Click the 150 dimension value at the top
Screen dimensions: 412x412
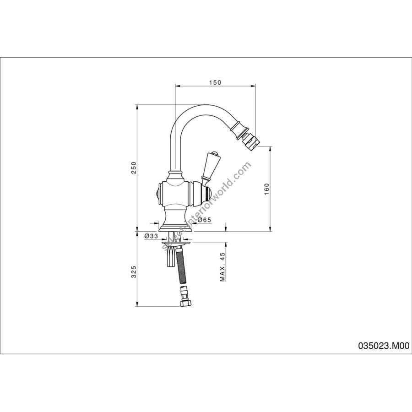click(x=215, y=82)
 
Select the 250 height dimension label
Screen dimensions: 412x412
click(x=134, y=168)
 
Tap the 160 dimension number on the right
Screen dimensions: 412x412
click(x=267, y=189)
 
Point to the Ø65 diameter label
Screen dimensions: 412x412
click(x=204, y=220)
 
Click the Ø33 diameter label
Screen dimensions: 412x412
click(x=151, y=236)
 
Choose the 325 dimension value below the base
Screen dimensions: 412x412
click(x=134, y=272)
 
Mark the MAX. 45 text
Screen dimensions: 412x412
click(x=223, y=267)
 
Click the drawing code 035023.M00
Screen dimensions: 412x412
click(x=384, y=346)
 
